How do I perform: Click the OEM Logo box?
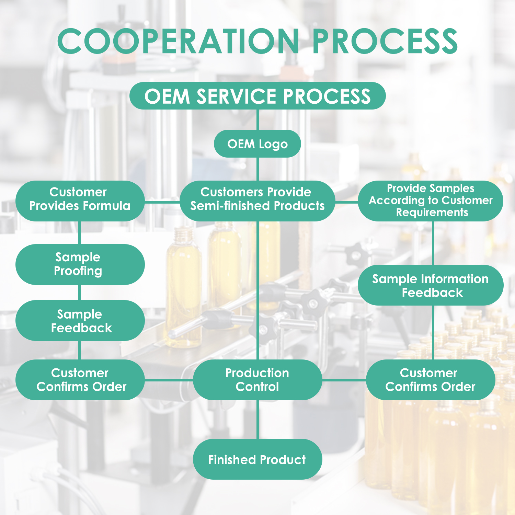[257, 144]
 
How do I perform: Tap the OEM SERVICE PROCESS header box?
[257, 96]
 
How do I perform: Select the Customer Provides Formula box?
[80, 201]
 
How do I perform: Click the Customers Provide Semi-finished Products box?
[257, 201]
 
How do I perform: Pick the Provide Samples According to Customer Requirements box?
[431, 201]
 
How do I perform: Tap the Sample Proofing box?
[80, 264]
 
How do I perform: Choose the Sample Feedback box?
[80, 321]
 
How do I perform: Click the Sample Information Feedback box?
[431, 285]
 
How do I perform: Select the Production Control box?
[257, 380]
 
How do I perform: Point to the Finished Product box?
[257, 459]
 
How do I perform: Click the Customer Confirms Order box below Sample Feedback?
[80, 380]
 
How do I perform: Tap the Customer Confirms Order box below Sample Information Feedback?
[431, 380]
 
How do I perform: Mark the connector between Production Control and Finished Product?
[257, 420]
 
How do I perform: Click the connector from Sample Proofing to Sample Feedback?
[80, 293]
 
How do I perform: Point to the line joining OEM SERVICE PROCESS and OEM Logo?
[257, 119]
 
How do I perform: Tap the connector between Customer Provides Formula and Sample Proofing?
[80, 233]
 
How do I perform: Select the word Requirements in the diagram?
[432, 213]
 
